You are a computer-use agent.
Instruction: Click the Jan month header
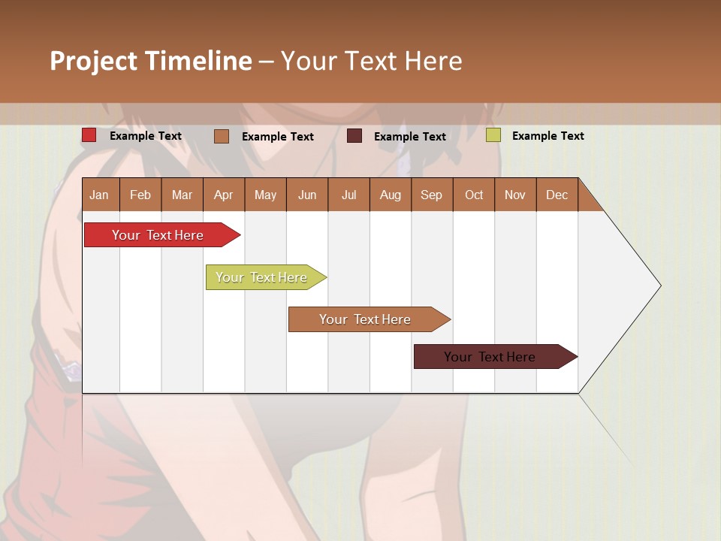click(x=99, y=195)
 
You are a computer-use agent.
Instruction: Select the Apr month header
click(x=223, y=195)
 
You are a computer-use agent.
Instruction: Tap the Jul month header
click(x=348, y=195)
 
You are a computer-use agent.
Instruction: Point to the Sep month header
click(x=431, y=195)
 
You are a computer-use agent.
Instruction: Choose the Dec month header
click(x=557, y=195)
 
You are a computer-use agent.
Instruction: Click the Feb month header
click(x=140, y=195)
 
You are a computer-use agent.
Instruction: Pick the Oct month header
click(x=474, y=195)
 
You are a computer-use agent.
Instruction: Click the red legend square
click(x=89, y=135)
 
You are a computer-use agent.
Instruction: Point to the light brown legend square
click(x=222, y=136)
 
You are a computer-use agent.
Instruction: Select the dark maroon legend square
click(x=354, y=136)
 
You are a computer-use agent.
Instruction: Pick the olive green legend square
click(x=493, y=135)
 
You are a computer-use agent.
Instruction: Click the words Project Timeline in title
click(x=150, y=61)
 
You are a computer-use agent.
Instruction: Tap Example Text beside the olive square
click(x=548, y=136)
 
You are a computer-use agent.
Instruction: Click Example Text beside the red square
click(x=145, y=136)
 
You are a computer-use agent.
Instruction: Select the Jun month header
click(x=307, y=195)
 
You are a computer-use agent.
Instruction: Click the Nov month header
click(x=514, y=195)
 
